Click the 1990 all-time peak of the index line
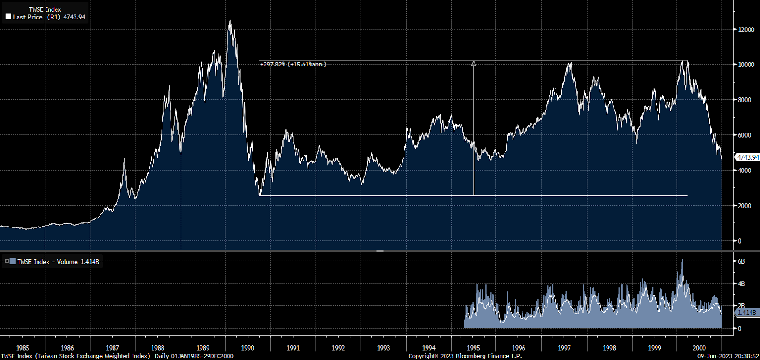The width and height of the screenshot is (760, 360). [230, 21]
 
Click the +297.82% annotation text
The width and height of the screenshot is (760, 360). [293, 64]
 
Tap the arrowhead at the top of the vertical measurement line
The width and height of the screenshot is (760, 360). [473, 63]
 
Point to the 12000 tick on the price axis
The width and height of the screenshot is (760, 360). [746, 29]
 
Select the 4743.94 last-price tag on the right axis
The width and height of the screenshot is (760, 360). [747, 157]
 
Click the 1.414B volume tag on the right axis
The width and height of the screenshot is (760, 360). [746, 313]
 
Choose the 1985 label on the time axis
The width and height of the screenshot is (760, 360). [22, 348]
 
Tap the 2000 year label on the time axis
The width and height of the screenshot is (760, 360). [699, 348]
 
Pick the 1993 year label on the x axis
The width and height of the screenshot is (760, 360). [383, 348]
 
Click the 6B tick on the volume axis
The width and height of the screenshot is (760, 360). [741, 261]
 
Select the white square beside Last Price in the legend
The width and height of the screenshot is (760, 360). [9, 17]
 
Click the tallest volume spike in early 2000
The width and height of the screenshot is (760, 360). [682, 261]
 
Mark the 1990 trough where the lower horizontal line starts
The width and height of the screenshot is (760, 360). [260, 195]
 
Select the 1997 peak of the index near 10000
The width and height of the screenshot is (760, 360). [570, 63]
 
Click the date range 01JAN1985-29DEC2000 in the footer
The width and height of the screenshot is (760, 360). [202, 356]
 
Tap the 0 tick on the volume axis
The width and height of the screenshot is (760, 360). [739, 328]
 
